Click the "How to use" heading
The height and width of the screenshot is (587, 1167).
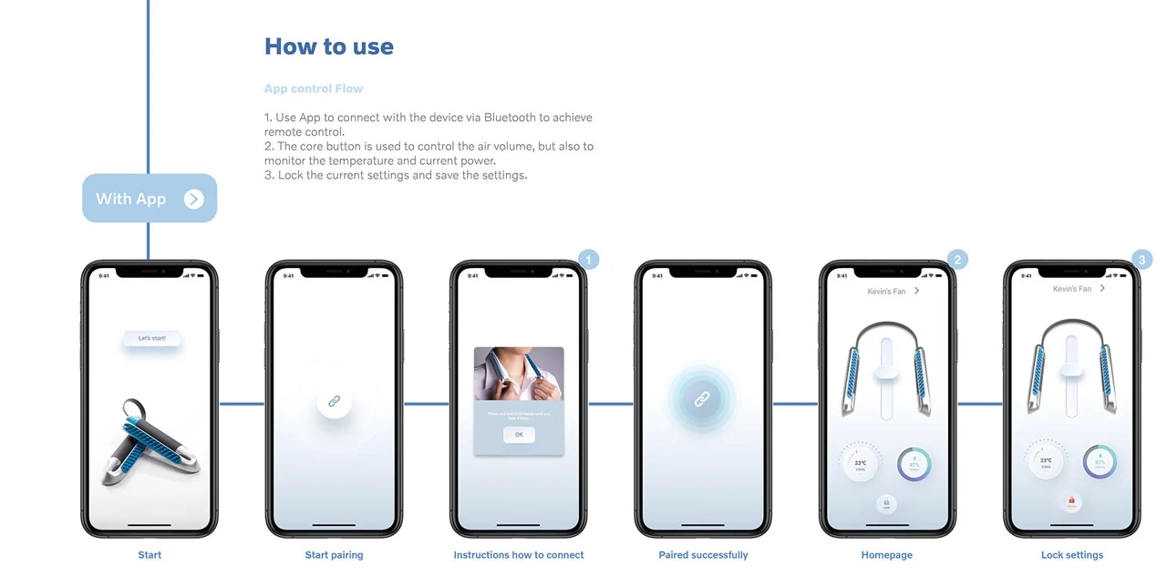[328, 47]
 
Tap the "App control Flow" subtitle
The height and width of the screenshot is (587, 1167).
[314, 88]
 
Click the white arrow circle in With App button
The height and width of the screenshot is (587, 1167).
[193, 199]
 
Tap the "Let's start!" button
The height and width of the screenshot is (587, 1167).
[152, 339]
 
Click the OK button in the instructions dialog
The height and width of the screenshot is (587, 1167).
[519, 435]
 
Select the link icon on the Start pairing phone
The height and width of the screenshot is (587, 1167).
[335, 401]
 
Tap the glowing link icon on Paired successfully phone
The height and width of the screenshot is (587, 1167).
[702, 399]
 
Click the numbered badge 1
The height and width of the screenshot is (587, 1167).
[589, 260]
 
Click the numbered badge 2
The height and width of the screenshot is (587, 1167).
[957, 260]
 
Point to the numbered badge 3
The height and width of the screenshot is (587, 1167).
[1142, 260]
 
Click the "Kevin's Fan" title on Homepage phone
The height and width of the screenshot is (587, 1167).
[886, 292]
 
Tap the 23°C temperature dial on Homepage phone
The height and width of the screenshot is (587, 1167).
[860, 463]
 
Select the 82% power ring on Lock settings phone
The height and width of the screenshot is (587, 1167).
[1100, 462]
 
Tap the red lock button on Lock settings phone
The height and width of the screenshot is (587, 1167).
[1071, 500]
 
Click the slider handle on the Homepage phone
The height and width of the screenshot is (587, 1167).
[886, 371]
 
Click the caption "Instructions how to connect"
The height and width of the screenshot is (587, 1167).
[519, 555]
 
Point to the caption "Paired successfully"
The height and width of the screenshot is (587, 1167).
[703, 555]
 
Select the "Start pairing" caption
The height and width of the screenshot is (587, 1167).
[334, 555]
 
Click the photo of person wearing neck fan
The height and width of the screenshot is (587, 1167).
[519, 374]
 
